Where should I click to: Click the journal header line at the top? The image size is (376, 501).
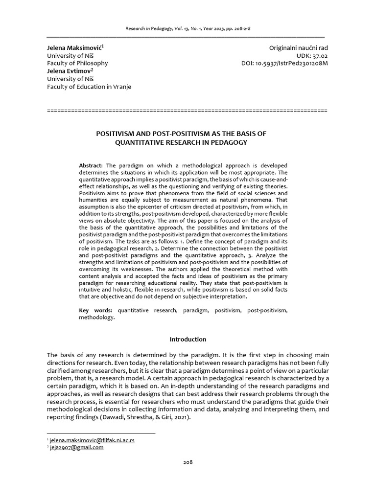coord(188,29)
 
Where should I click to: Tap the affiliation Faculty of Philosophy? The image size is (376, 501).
coord(77,63)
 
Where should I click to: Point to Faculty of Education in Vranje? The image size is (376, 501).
coord(89,87)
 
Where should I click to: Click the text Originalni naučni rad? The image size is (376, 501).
coord(298,48)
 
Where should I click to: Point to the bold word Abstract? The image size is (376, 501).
coord(91,166)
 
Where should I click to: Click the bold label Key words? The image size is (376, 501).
coord(95,311)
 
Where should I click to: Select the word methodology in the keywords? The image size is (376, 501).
coord(96,318)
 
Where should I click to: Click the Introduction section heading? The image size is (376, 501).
coord(188,339)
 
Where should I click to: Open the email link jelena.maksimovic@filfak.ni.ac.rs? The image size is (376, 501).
coord(92,440)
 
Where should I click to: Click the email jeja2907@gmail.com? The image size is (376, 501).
coord(77,447)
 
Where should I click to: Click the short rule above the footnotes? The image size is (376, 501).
coord(101,433)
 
